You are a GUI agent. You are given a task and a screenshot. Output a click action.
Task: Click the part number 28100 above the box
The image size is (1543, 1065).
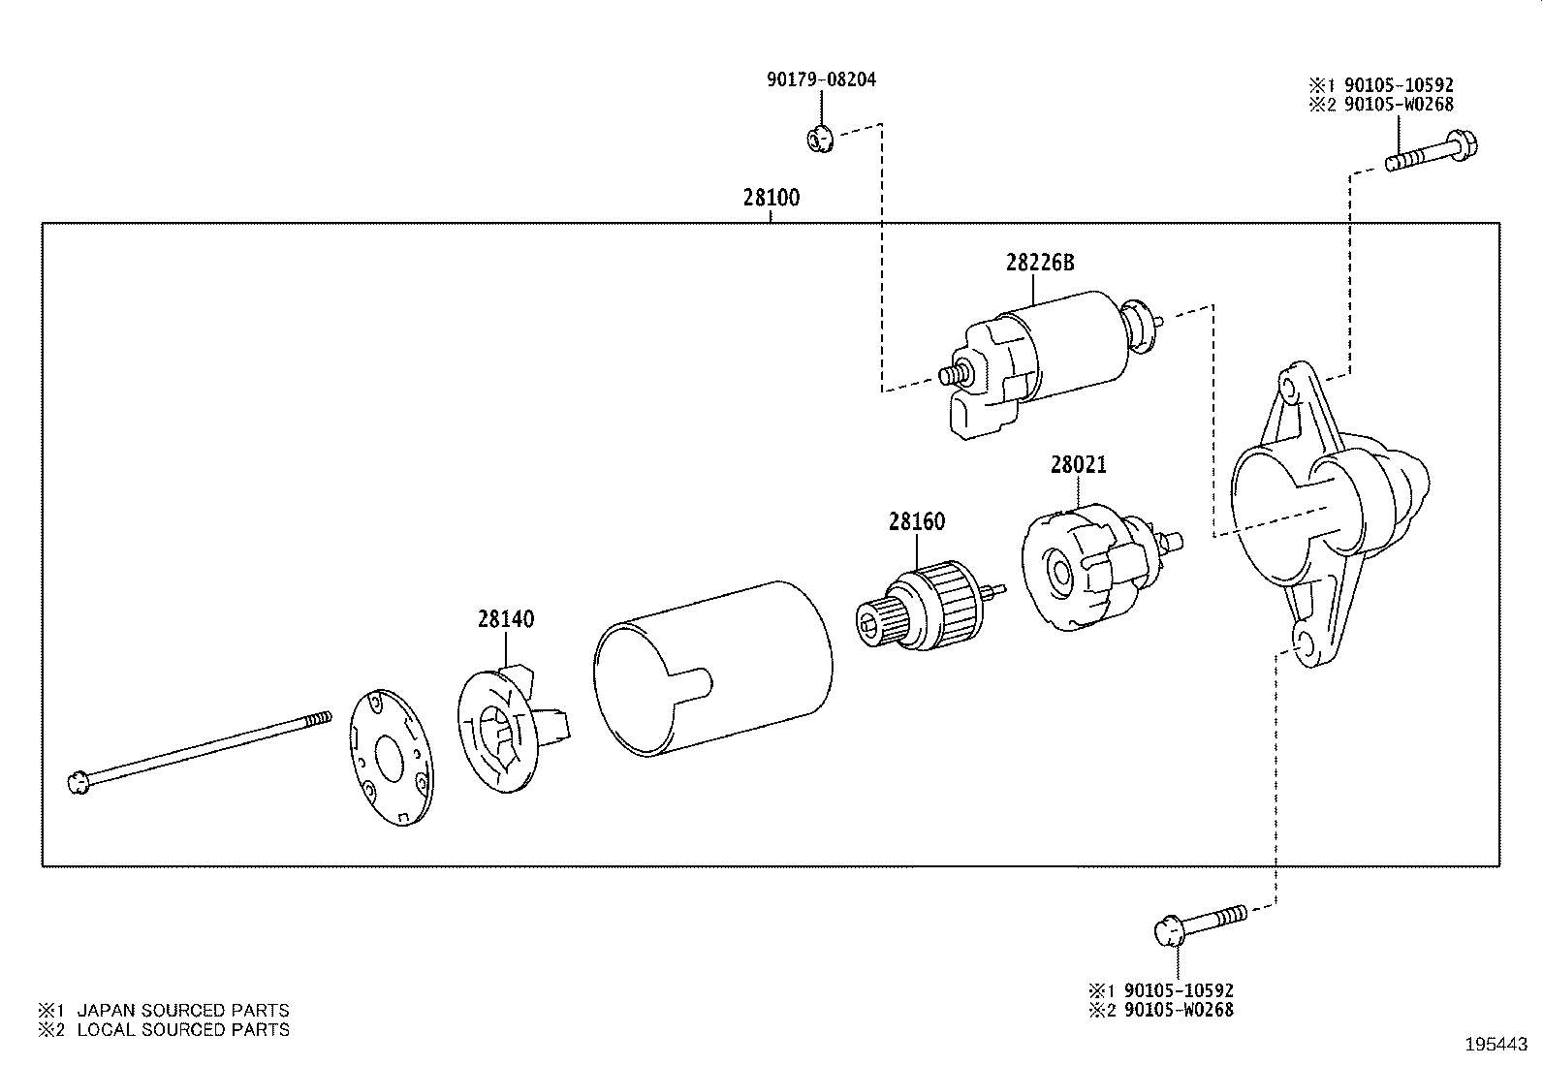click(771, 198)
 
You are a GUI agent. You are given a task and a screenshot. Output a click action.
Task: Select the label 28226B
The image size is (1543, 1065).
click(1040, 263)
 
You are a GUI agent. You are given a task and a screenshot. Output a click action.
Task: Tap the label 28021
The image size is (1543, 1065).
click(1078, 465)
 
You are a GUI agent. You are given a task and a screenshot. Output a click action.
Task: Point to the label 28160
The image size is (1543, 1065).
click(916, 522)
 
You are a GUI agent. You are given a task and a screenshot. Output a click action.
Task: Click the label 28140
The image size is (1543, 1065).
click(505, 619)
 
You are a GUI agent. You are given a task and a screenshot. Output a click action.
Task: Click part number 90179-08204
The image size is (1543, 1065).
click(821, 79)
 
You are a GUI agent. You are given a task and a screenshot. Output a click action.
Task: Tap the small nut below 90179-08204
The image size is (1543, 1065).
click(819, 141)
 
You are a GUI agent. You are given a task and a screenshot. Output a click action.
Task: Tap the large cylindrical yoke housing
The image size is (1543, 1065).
click(713, 669)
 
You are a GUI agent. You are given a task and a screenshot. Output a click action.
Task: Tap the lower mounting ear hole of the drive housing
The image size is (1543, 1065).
click(1304, 644)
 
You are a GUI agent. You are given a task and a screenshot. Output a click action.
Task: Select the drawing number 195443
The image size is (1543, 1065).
click(1495, 1045)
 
